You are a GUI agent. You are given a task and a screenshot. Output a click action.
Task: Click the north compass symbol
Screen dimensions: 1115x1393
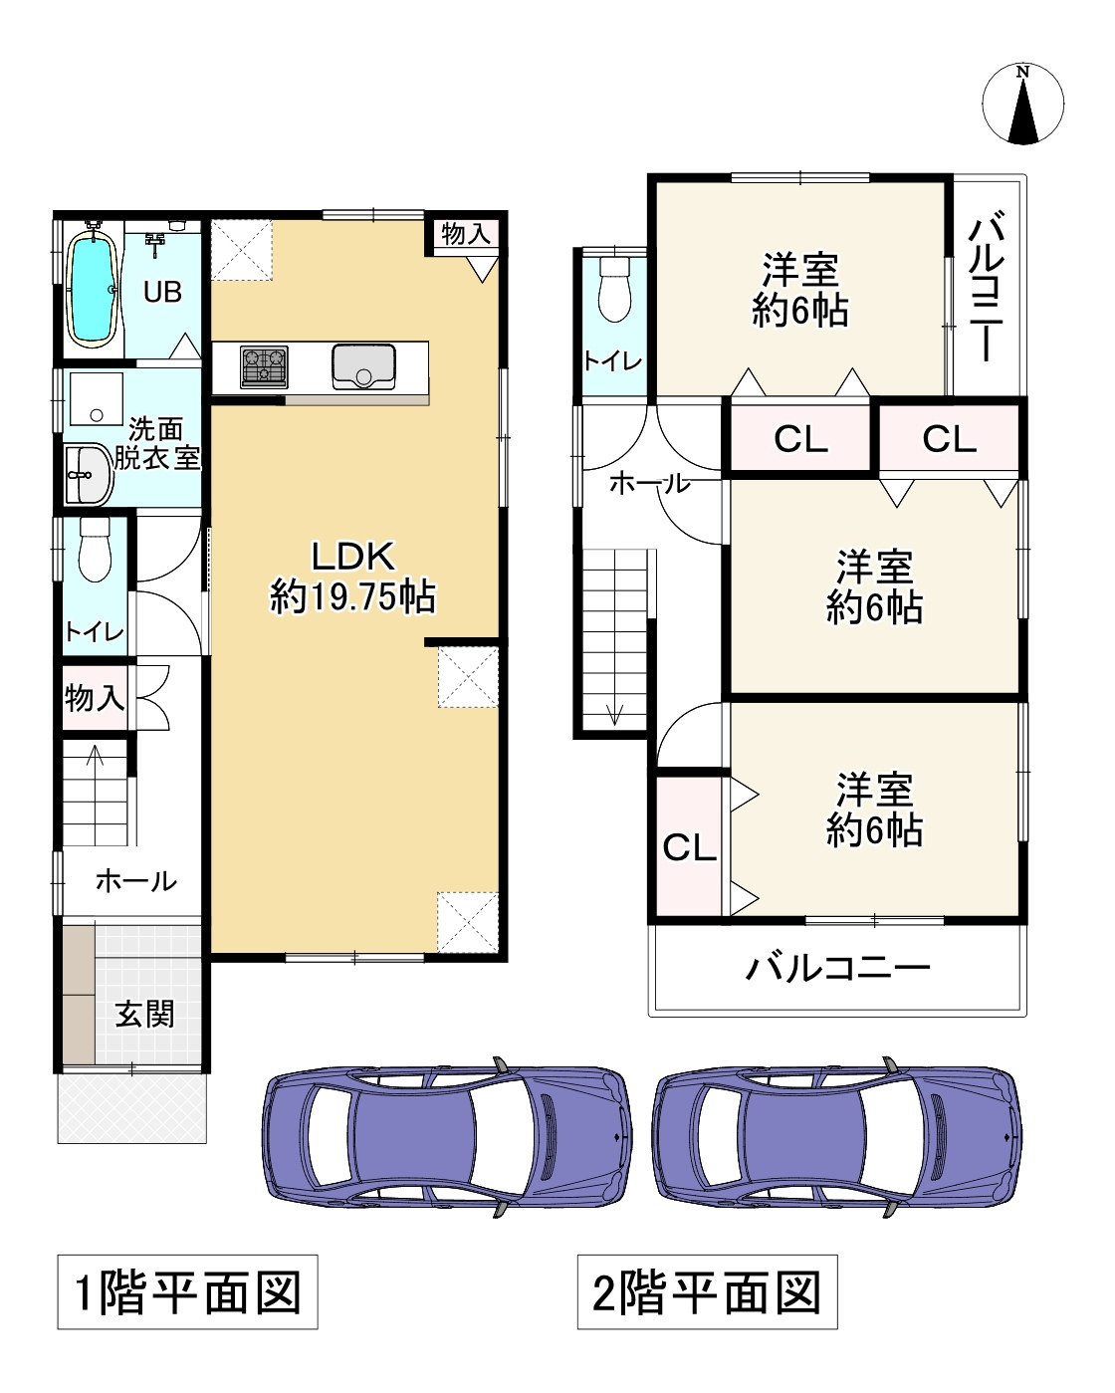1022,104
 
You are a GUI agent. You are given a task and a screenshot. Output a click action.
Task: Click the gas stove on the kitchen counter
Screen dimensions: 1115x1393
264,367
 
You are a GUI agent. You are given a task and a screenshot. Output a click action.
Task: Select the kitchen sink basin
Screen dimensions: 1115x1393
363,367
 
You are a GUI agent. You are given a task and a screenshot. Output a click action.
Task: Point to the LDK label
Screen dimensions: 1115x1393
353,556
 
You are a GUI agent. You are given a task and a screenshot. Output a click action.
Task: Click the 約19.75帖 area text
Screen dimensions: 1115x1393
353,596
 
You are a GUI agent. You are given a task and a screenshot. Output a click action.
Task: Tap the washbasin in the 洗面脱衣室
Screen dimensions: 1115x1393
88,474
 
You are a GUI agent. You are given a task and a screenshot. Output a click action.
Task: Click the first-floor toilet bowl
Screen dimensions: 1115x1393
96,550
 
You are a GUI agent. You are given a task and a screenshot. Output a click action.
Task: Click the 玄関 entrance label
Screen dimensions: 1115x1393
145,1014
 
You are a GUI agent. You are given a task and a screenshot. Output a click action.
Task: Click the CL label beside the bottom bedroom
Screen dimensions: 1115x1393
689,846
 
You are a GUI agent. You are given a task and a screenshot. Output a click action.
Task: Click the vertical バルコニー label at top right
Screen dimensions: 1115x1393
987,286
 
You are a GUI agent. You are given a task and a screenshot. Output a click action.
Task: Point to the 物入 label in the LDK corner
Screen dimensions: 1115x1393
465,234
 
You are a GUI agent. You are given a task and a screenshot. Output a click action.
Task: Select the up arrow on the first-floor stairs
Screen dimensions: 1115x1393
96,755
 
